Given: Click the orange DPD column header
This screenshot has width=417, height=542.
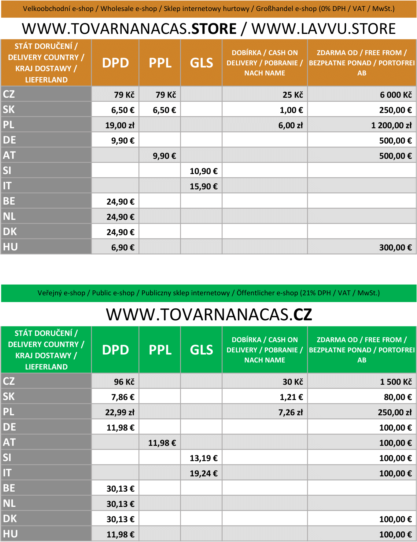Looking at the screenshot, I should tap(115, 63).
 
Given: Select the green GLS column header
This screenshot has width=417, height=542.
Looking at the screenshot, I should tap(201, 350).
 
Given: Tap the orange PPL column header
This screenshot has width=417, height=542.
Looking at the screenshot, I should tap(160, 63).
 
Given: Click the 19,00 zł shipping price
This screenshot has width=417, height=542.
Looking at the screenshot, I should tap(120, 125).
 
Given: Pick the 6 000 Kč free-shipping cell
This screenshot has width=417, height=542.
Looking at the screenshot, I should tap(396, 95).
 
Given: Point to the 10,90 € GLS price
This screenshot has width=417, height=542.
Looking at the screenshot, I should tap(204, 171).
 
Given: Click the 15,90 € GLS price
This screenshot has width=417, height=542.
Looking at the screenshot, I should tap(204, 186).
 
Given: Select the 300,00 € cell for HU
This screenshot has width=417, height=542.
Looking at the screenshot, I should tap(395, 247).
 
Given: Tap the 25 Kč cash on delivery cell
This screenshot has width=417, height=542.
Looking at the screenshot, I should tap(293, 95).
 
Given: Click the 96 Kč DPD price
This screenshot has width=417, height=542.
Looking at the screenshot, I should tap(124, 382).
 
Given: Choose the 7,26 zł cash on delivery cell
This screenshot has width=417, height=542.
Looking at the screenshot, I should tap(290, 412).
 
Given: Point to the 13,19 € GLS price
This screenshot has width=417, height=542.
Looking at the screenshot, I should tap(204, 458).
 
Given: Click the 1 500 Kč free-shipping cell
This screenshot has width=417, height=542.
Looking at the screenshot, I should tap(396, 382).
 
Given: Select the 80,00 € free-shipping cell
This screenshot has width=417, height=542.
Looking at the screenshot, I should tap(398, 397).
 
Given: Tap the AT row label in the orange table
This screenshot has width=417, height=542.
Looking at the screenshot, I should tap(9, 155).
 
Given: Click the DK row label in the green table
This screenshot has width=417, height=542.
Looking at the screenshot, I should tap(10, 518).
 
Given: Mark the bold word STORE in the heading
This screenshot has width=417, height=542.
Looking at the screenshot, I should tap(214, 29).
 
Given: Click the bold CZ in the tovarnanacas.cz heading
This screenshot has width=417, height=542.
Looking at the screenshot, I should tap(303, 315).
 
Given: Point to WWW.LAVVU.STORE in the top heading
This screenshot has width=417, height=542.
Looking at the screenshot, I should tap(323, 29).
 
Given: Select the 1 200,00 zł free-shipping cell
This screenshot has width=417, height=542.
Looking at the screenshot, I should tap(391, 125).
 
